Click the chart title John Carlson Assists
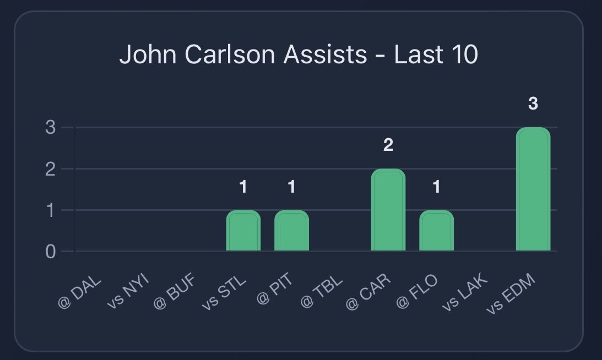(299, 55)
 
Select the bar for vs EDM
(533, 189)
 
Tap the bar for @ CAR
(388, 210)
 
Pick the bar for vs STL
(243, 231)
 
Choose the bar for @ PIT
(291, 231)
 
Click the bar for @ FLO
(436, 231)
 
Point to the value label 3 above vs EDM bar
(533, 103)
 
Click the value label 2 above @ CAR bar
(388, 145)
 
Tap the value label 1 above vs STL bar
(243, 187)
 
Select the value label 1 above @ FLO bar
(436, 187)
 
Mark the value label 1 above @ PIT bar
(291, 187)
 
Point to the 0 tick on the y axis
(51, 252)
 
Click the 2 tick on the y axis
(51, 169)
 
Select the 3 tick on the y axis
(51, 128)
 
